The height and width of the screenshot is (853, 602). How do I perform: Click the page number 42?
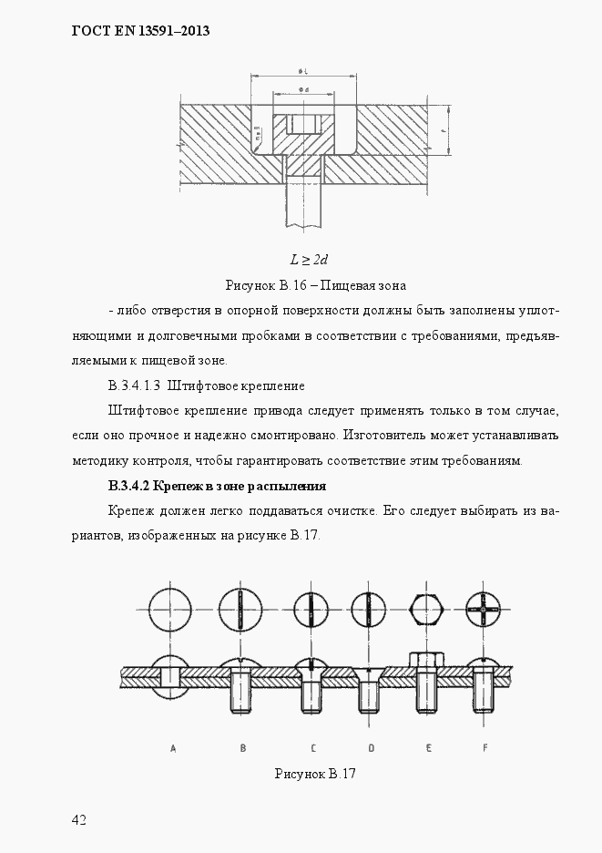(78, 820)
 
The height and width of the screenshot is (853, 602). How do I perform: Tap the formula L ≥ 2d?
(301, 260)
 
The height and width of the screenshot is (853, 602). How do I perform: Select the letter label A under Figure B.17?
(173, 748)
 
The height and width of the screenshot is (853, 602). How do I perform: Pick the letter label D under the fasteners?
(371, 748)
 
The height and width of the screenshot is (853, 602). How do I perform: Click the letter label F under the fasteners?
(485, 748)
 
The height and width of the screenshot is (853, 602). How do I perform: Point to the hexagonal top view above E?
(428, 609)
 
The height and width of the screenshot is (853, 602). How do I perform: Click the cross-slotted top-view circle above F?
(484, 609)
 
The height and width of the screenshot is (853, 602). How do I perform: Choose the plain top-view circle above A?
(172, 609)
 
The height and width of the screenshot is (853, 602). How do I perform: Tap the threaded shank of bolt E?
(428, 694)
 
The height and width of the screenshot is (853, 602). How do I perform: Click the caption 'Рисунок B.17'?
(313, 774)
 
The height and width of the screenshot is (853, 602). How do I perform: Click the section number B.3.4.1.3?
(134, 385)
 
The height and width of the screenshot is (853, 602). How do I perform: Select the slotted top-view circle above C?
(312, 609)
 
